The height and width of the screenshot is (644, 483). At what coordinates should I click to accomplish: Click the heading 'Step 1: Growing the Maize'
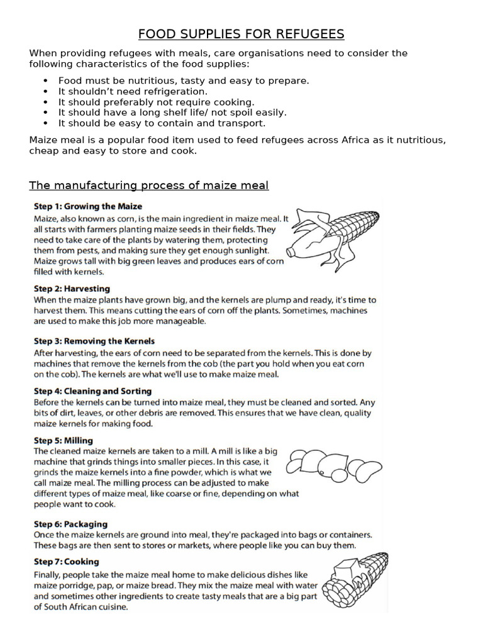pos(88,206)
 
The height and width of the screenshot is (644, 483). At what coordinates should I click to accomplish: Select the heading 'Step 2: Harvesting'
pos(72,289)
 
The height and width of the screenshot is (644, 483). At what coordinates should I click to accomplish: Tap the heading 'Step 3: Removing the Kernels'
pos(94,341)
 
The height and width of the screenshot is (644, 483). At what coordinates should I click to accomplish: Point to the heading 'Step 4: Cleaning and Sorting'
pos(92,391)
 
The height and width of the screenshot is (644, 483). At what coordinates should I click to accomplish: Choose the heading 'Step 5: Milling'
pos(64,440)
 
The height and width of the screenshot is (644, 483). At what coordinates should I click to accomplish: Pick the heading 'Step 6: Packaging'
pos(70,524)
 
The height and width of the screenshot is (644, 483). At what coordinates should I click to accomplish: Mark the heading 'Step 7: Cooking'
pos(66,562)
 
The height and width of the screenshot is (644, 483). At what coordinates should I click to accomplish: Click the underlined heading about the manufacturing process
pos(149,185)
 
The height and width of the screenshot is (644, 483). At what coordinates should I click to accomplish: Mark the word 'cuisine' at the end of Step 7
pos(109,607)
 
